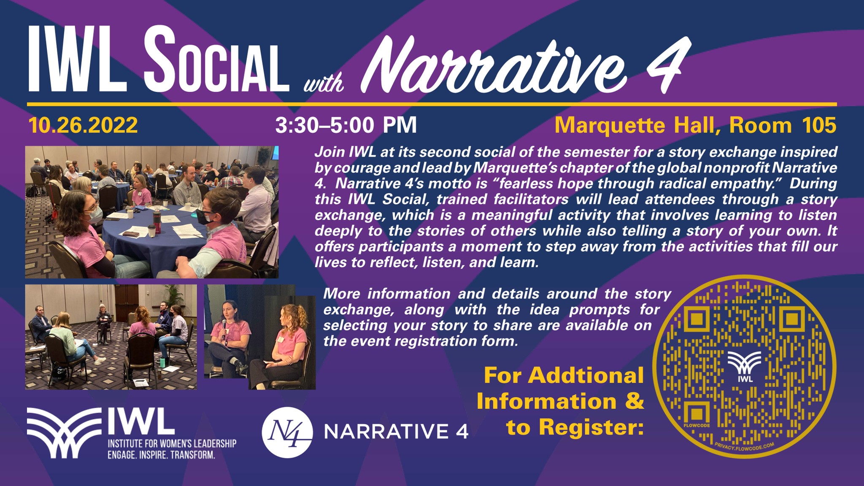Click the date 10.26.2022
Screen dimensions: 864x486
83,125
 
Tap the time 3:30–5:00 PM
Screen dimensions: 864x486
346,125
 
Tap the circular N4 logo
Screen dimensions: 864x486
287,432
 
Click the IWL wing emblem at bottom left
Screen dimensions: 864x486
64,433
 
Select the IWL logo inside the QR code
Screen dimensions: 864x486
745,367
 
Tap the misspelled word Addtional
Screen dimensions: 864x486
586,375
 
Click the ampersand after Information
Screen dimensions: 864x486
635,401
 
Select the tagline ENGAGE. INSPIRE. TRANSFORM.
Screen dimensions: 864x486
162,455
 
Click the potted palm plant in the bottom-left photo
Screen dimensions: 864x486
172,297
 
